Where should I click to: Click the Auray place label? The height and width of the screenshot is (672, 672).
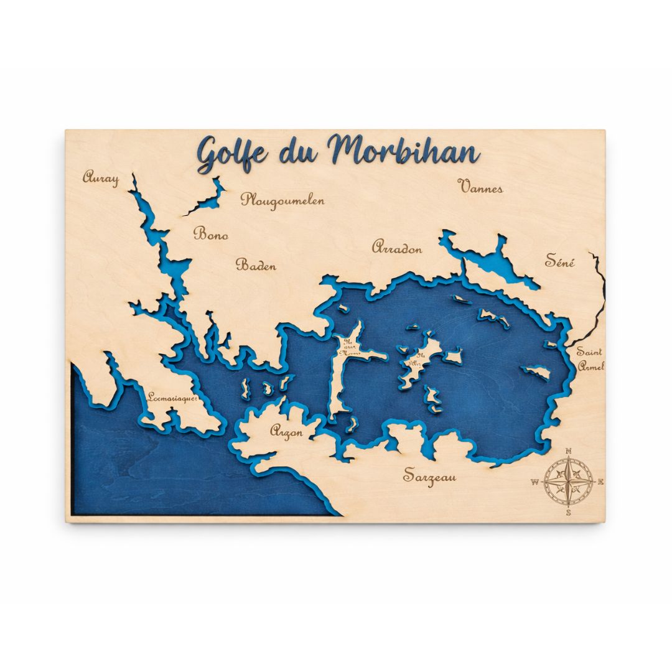(x=101, y=178)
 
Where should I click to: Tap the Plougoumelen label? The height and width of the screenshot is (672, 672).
(x=283, y=200)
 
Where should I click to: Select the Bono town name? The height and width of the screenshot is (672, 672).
(x=211, y=235)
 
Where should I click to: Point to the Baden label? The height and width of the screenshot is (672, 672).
(x=256, y=265)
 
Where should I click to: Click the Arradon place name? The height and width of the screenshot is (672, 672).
(x=397, y=248)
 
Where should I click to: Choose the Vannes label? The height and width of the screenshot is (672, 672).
(x=480, y=186)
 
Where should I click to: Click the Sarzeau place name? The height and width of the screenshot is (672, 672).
(x=430, y=477)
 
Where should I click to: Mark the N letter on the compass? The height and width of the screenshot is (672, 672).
(x=568, y=452)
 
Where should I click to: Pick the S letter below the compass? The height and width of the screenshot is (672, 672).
(x=568, y=513)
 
